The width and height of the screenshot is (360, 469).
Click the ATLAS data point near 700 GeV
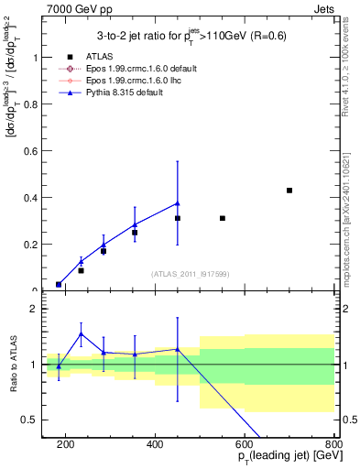coord(289,191)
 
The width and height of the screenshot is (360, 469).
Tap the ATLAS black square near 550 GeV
coord(223,218)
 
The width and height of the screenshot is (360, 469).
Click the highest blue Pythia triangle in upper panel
coord(178,203)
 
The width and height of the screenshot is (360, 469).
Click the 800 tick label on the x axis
coord(333,446)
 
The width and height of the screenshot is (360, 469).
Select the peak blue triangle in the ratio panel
coord(81,333)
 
